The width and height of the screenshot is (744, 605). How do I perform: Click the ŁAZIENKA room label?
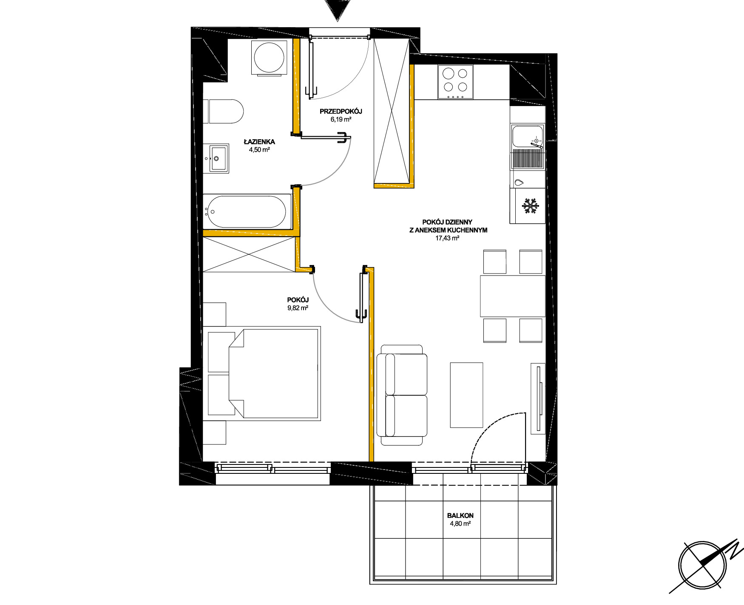pyautogui.click(x=259, y=142)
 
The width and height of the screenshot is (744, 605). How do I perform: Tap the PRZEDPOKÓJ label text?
pyautogui.click(x=341, y=112)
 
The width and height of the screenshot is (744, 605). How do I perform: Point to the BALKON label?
pyautogui.click(x=460, y=515)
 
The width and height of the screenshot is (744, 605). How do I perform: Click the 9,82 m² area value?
pyautogui.click(x=298, y=308)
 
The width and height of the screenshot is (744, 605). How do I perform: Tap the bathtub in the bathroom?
pyautogui.click(x=247, y=211)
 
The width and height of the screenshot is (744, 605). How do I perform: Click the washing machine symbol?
pyautogui.click(x=269, y=58)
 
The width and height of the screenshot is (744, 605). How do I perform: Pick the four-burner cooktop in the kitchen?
pyautogui.click(x=455, y=82)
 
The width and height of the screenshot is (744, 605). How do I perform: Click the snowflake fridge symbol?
pyautogui.click(x=530, y=206)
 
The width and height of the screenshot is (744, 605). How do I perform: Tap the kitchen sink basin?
pyautogui.click(x=528, y=136)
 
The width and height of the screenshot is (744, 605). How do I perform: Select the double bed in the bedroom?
pyautogui.click(x=264, y=373)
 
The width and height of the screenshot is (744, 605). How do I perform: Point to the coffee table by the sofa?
pyautogui.click(x=466, y=395)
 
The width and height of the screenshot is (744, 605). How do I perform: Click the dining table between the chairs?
pyautogui.click(x=512, y=296)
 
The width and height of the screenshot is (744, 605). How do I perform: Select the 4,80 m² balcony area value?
pyautogui.click(x=460, y=524)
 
